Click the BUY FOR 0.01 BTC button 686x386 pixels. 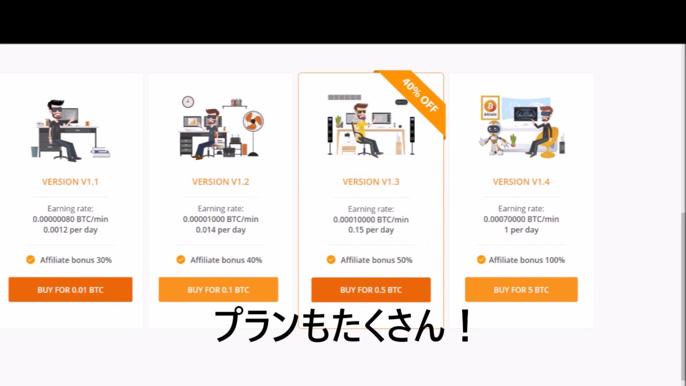(70, 289)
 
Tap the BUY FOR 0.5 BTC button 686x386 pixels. (371, 289)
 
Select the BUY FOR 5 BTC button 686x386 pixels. (521, 289)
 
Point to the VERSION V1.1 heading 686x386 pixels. (70, 182)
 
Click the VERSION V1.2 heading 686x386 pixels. (220, 182)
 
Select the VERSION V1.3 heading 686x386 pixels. (371, 182)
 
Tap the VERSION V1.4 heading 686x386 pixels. (521, 182)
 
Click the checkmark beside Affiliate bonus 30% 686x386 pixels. (31, 259)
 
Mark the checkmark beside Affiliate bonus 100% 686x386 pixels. (481, 259)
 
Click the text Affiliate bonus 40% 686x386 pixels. (226, 260)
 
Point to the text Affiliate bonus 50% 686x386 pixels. (376, 260)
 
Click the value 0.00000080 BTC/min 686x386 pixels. (70, 219)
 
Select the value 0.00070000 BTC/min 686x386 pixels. (521, 219)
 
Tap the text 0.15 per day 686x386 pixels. (371, 230)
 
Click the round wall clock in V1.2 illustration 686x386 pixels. (188, 102)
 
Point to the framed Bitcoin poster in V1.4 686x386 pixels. (490, 107)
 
